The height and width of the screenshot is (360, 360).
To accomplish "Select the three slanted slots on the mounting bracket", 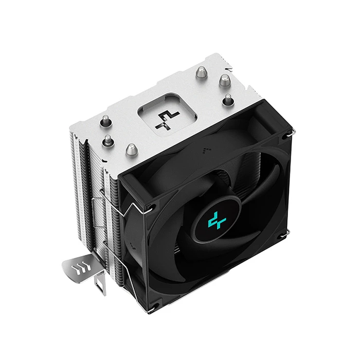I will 81,267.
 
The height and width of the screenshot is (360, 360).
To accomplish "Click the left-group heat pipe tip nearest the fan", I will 130,150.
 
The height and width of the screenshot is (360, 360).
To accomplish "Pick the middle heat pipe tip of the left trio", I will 109,139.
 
